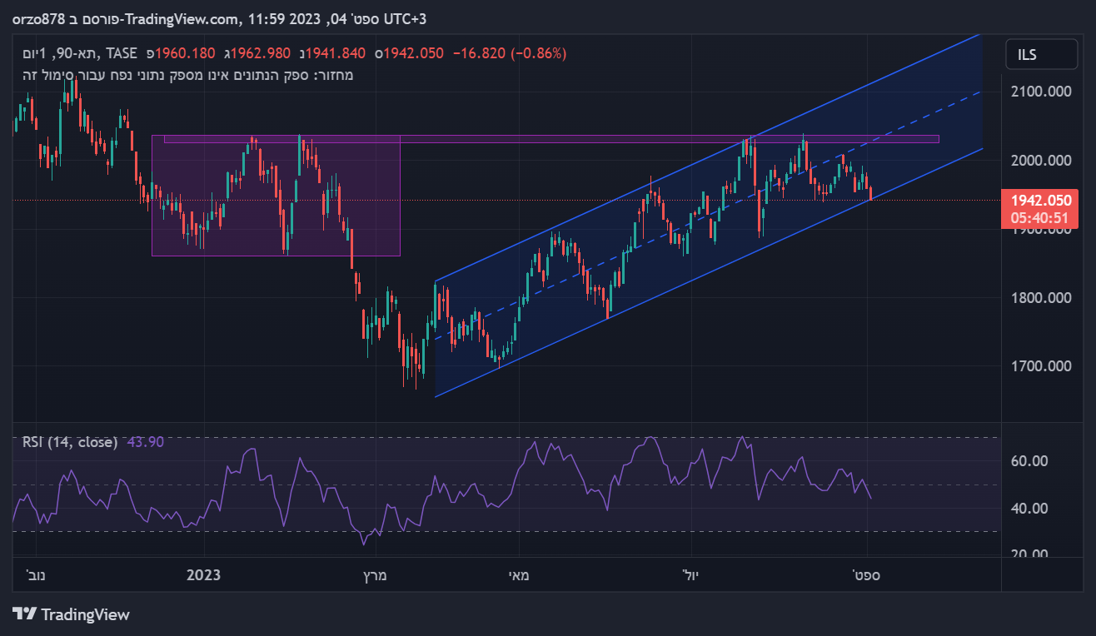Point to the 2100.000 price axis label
click(1040, 91)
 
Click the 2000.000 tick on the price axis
click(1040, 160)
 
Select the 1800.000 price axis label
click(1040, 297)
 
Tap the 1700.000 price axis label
click(1040, 365)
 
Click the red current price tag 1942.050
click(1040, 201)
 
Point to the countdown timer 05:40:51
click(1040, 217)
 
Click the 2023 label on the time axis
click(204, 575)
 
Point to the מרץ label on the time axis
click(376, 575)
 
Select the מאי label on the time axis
click(519, 575)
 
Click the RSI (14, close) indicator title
click(70, 442)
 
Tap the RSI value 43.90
click(146, 442)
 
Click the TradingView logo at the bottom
click(72, 614)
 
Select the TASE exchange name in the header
click(122, 53)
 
